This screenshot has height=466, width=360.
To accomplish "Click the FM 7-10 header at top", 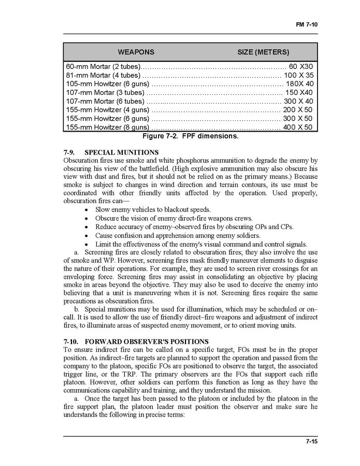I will pos(307,24).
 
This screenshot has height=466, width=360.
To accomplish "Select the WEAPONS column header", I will pos(136,52).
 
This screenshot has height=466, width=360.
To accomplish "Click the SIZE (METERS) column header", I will pos(263,52).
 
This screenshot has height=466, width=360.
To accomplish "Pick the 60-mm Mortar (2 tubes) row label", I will pos(103,67).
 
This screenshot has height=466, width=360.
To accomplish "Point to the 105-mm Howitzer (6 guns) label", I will pos(107,84).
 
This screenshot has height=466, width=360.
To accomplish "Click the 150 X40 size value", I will pos(299,92).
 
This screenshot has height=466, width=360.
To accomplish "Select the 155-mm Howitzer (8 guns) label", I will pos(107,127).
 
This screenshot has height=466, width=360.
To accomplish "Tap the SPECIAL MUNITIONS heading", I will pos(121,152).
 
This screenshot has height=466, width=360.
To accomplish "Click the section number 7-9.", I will pos(69,152).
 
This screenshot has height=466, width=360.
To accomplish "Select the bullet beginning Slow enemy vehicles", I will pos(153,209).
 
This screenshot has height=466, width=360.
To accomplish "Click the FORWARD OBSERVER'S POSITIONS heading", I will pos(146,341).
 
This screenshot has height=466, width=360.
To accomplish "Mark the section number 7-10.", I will pos(71,341).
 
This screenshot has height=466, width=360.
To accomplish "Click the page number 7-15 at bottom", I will pos(311,442).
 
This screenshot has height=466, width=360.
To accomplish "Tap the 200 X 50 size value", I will pos(298,110).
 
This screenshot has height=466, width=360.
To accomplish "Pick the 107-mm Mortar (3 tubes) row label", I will pos(104,92).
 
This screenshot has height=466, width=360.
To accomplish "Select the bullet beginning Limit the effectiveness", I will pos(201,244).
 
